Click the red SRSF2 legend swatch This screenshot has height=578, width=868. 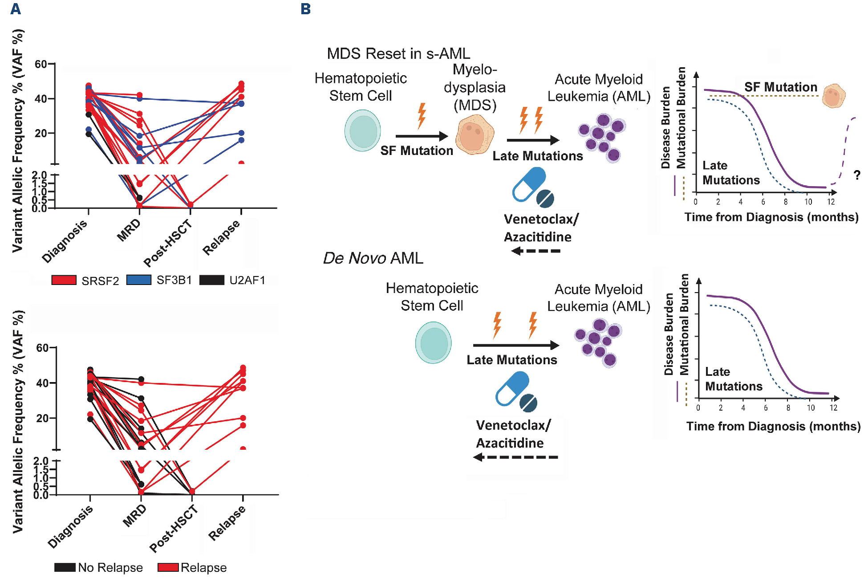tap(64, 280)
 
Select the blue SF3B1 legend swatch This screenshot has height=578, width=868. tap(138, 280)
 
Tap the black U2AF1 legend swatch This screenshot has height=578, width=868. tap(211, 280)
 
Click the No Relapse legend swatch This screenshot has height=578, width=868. tap(65, 567)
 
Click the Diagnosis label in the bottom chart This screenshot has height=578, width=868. tap(70, 527)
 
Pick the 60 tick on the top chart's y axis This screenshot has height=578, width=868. tap(41, 64)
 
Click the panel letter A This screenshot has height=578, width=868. tap(16, 9)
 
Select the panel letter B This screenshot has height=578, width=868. tap(305, 9)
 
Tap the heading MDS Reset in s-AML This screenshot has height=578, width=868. tap(398, 54)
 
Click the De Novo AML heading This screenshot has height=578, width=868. tap(373, 258)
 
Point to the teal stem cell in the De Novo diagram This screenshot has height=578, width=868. tap(433, 343)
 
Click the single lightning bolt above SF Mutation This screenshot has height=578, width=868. tap(421, 116)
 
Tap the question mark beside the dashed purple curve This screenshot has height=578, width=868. tap(857, 175)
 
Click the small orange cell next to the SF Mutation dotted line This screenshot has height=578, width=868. tap(833, 96)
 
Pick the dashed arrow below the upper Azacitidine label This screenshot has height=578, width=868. tap(535, 251)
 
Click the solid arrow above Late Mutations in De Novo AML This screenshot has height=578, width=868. tap(515, 345)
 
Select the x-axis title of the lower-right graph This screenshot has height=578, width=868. tap(773, 427)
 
